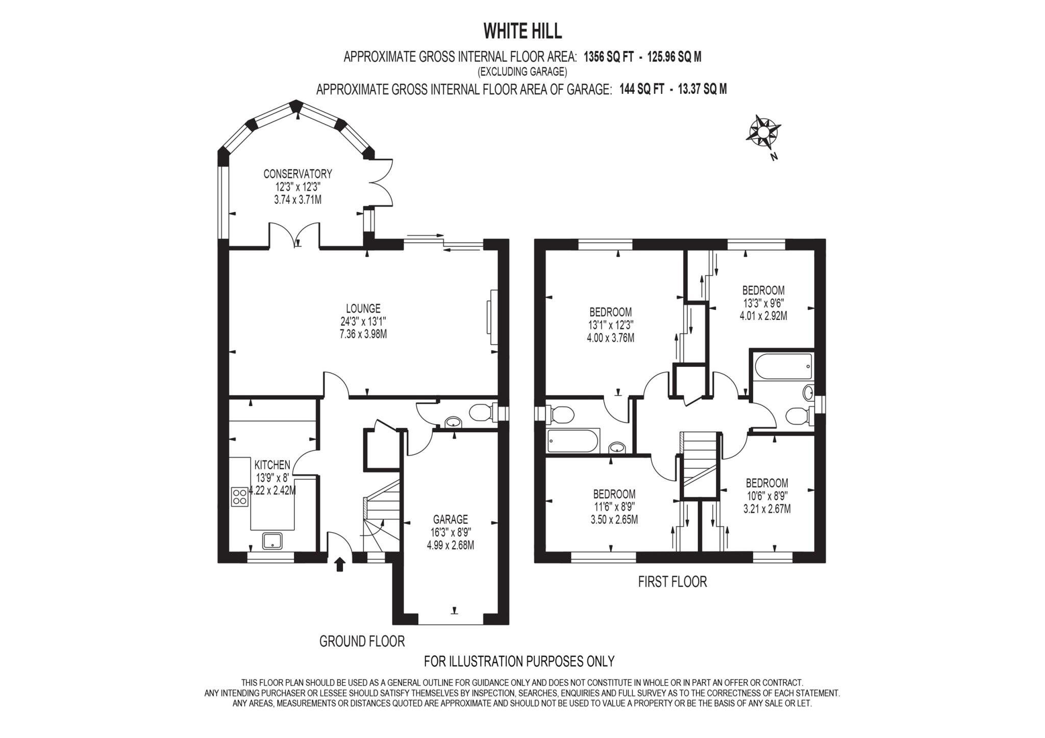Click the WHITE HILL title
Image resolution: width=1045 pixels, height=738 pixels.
pos(522,31)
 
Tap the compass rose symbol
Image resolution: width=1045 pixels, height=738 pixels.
pos(763,132)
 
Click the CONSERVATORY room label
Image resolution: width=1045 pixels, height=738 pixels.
pos(297,174)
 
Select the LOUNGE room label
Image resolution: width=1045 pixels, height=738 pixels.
pos(363,308)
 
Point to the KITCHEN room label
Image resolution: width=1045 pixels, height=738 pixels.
pos(272,465)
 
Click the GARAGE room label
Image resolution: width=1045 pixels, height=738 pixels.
pos(450,520)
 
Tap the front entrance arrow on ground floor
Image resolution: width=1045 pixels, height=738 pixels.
pos(340,564)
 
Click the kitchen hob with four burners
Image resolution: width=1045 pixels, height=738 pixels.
pos(239,497)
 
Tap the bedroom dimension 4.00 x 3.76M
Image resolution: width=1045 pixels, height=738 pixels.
pos(611,338)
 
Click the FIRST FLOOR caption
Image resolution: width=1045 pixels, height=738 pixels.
pos(672,582)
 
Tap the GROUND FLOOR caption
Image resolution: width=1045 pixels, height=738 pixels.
pos(362,641)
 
